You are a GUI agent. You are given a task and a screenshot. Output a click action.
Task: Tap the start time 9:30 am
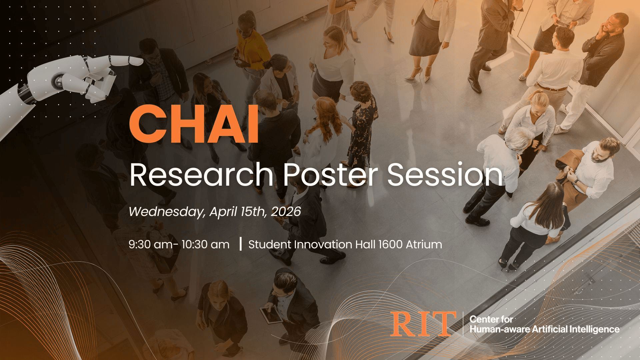pos(150,245)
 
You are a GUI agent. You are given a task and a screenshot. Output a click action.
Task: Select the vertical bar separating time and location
pos(240,244)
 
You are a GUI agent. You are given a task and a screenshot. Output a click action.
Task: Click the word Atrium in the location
pos(424,244)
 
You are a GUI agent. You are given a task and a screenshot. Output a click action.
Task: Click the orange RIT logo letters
pos(424,324)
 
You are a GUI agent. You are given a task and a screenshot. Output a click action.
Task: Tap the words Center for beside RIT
pos(486,319)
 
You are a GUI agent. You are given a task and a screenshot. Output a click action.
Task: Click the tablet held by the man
pos(270,315)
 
